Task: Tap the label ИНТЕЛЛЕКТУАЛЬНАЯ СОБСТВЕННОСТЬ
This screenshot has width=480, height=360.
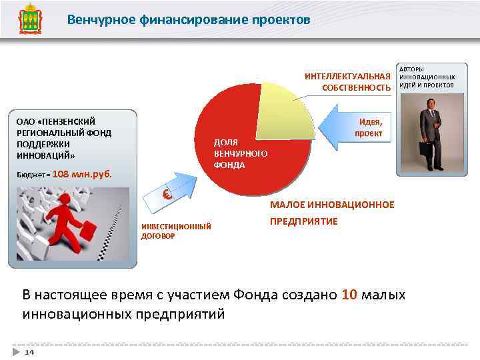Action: [x=347, y=81]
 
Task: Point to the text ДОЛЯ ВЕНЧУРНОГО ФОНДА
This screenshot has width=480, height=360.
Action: [x=240, y=153]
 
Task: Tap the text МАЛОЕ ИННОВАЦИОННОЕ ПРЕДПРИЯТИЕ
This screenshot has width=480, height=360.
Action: [x=331, y=213]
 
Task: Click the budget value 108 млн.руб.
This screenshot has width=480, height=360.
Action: [x=82, y=175]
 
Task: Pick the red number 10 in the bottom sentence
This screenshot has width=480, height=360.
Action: [x=349, y=295]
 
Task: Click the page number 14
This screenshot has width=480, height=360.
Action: [x=29, y=351]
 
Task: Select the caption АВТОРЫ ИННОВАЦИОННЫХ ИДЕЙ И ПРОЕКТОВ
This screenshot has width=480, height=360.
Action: [x=427, y=77]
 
